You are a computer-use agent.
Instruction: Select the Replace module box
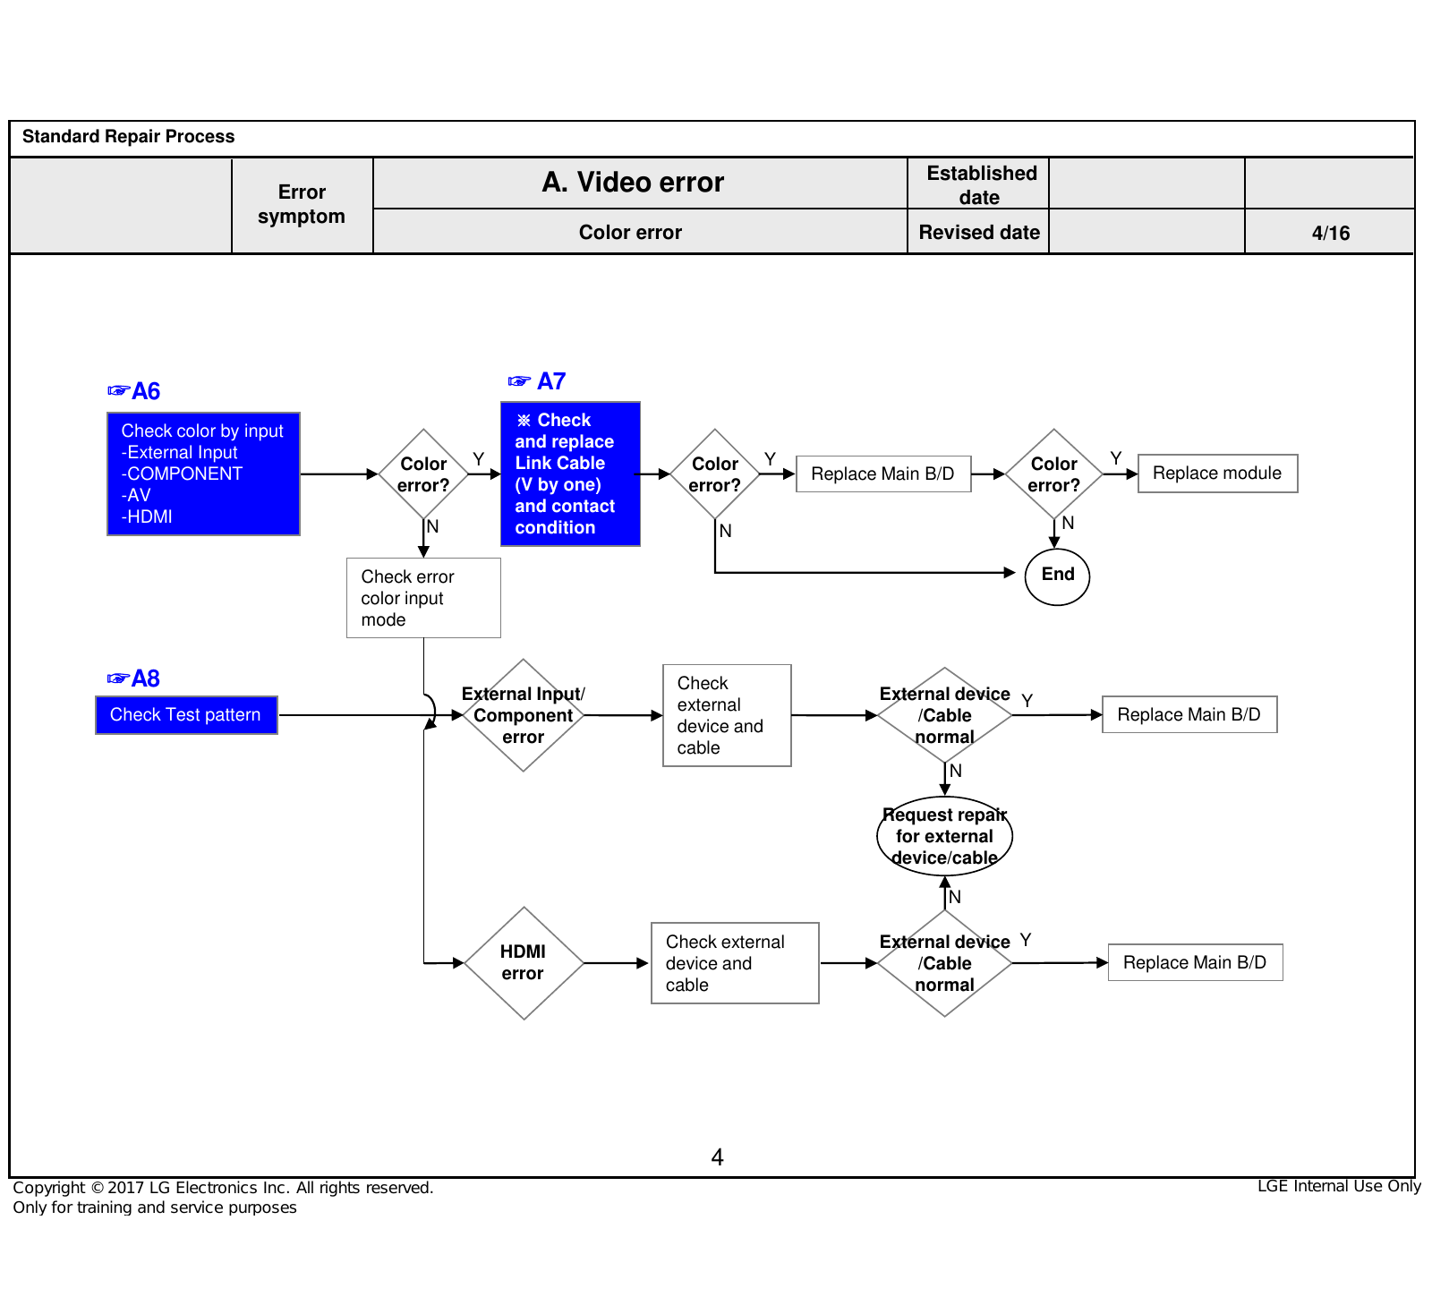coord(1217,474)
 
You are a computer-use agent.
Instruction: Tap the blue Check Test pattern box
coord(186,715)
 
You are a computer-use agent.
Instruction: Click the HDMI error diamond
coord(524,963)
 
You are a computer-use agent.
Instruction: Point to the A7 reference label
coord(537,381)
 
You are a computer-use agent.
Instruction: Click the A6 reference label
coord(134,391)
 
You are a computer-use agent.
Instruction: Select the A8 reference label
coord(133,678)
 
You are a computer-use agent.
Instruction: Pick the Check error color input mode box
coord(423,598)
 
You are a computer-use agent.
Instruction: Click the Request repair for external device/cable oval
coord(944,837)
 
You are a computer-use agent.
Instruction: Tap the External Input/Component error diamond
coord(524,715)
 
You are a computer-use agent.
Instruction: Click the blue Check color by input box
coord(203,474)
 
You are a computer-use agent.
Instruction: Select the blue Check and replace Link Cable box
coord(570,474)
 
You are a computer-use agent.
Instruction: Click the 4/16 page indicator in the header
coord(1331,234)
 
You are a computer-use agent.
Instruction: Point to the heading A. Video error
coord(633,183)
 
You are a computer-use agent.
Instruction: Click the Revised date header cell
coord(979,233)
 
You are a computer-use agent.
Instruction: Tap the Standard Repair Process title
coord(128,137)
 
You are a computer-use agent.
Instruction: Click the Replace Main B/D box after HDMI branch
coord(1195,963)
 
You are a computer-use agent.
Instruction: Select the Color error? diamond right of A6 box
coord(423,474)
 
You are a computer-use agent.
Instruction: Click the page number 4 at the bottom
coord(717,1157)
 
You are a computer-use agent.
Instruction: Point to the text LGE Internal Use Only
coord(1339,1186)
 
